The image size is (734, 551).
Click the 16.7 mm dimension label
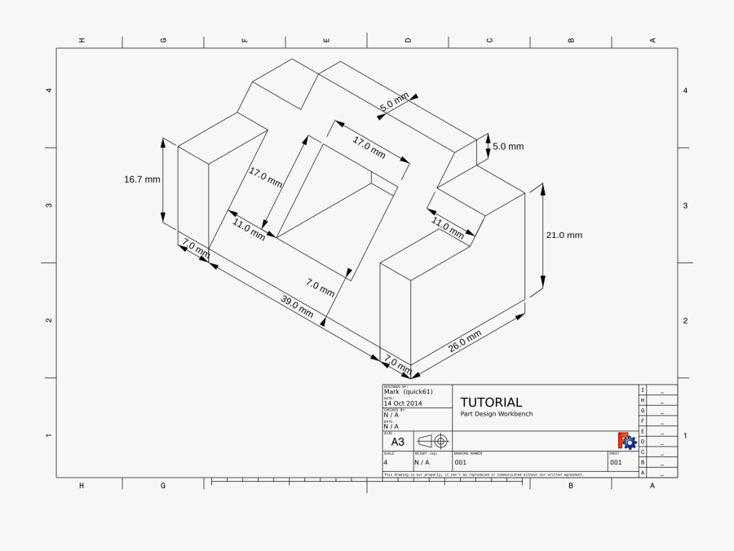coord(142,179)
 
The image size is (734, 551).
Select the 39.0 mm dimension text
coord(297,306)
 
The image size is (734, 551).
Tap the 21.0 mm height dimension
coord(564,235)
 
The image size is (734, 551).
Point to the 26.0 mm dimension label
coord(465,340)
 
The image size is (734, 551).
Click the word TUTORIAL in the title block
coord(491,402)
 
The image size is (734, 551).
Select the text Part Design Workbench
coord(496,414)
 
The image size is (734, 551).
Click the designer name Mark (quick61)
coord(408,391)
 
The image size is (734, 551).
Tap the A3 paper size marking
coord(398,442)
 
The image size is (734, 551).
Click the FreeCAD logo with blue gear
coord(627,441)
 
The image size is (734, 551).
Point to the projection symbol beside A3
coord(432,441)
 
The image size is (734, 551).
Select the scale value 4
coord(386,462)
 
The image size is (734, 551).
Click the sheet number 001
coord(616,462)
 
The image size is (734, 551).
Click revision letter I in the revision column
coord(643,390)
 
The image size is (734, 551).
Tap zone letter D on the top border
coord(408,40)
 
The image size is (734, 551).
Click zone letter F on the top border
coord(245,40)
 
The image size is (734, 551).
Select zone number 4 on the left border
coord(49,90)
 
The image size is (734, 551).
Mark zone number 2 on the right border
coord(685,320)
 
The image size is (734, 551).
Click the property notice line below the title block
coord(484,474)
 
